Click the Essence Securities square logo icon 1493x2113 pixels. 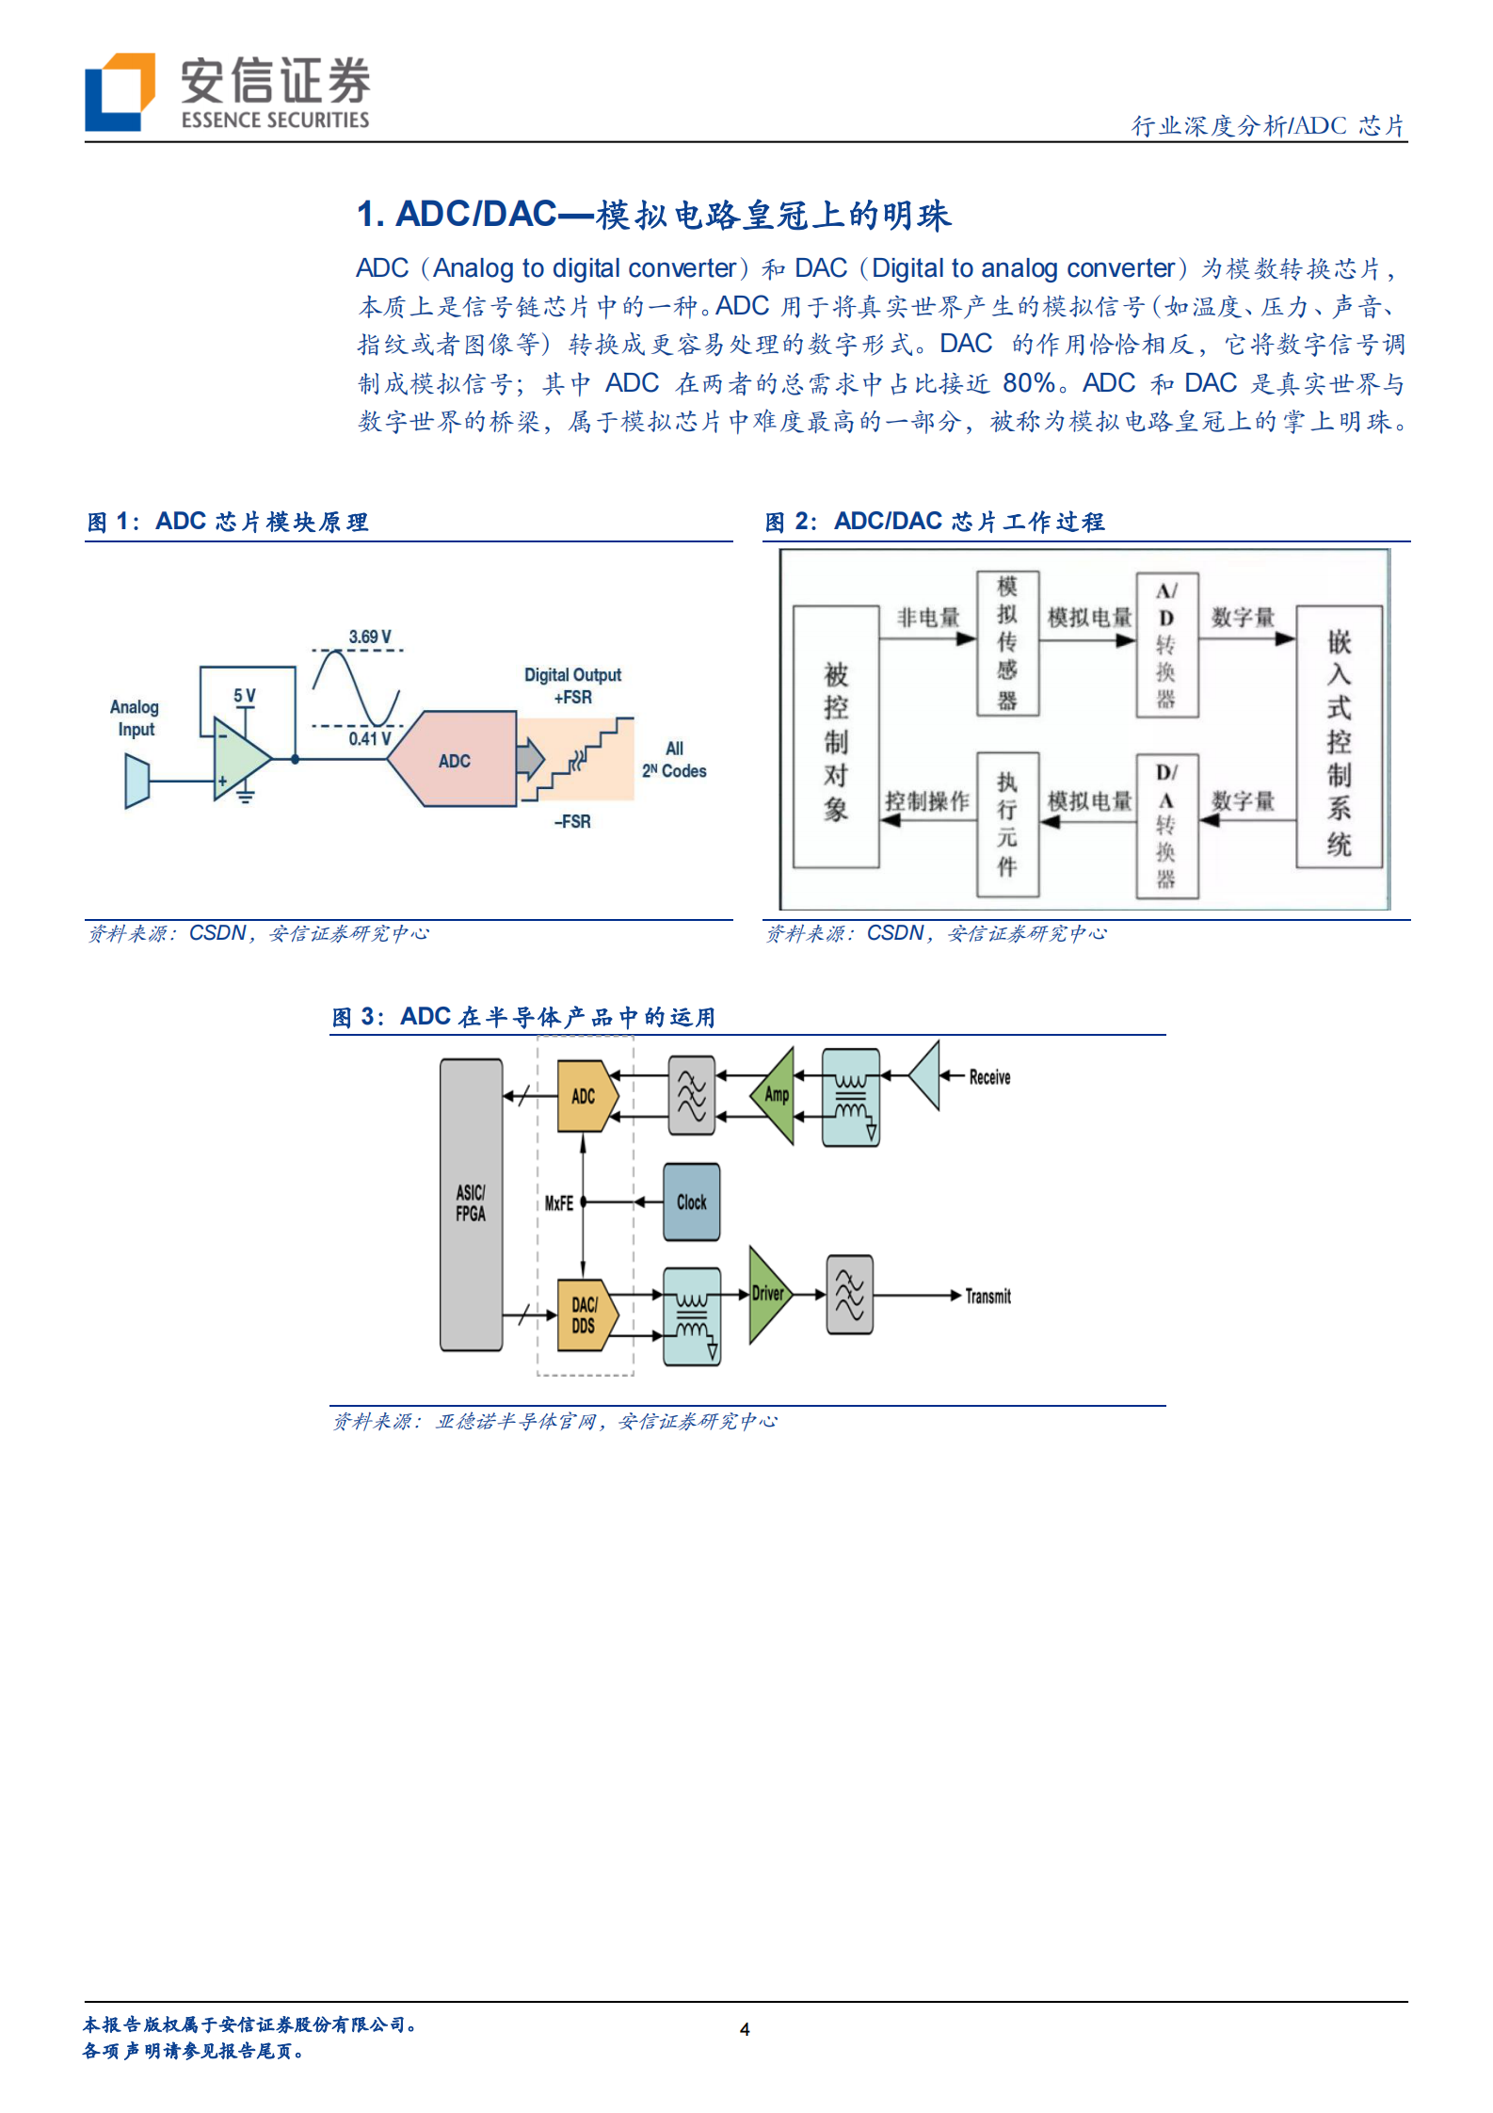[x=120, y=91]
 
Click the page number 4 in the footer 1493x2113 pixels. [x=745, y=2029]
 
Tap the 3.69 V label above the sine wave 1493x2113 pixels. [x=370, y=637]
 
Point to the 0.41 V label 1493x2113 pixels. [x=369, y=739]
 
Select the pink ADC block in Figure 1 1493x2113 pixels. [x=454, y=759]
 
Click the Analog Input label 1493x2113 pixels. [x=135, y=718]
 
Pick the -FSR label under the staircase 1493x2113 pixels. [x=572, y=821]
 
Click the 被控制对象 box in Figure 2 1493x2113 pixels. [x=836, y=737]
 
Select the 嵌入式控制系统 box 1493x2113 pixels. [x=1339, y=737]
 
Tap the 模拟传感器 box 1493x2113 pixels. [x=1007, y=643]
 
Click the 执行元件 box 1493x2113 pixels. [x=1007, y=824]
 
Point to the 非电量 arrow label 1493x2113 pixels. [x=928, y=618]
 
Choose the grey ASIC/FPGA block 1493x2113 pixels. [x=471, y=1203]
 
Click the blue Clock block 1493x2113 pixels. [x=692, y=1202]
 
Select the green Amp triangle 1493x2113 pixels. [x=776, y=1095]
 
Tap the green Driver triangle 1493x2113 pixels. [x=767, y=1294]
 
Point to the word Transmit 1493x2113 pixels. [x=987, y=1297]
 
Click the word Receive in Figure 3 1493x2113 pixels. [x=989, y=1077]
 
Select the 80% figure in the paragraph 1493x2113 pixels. [x=1028, y=383]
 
